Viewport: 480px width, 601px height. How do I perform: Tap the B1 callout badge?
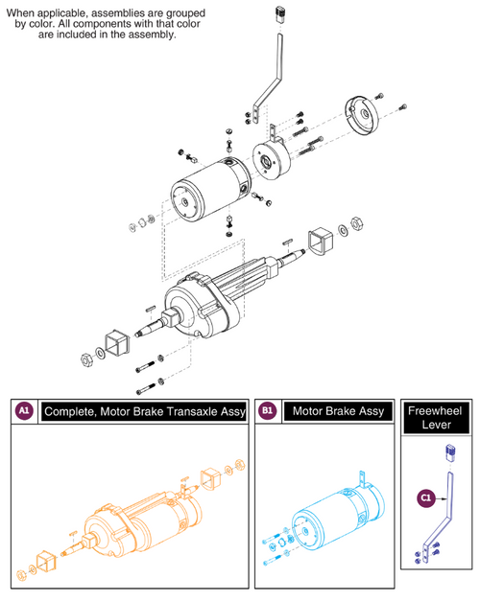pyautogui.click(x=268, y=411)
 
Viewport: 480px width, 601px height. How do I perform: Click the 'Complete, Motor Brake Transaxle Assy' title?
pyautogui.click(x=139, y=411)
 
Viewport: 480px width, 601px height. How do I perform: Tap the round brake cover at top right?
pyautogui.click(x=362, y=117)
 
